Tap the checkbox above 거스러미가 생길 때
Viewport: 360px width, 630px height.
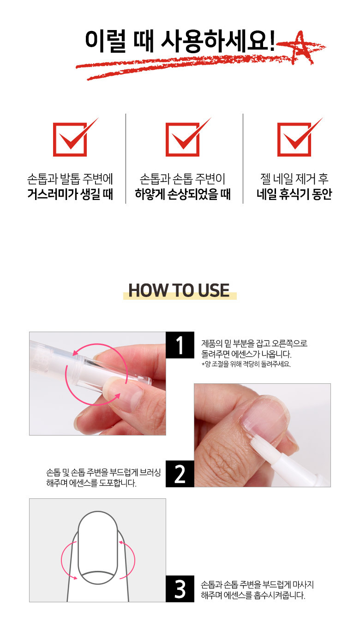[70, 139]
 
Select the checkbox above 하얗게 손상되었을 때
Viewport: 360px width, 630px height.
[183, 139]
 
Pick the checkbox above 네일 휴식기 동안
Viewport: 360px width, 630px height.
[294, 139]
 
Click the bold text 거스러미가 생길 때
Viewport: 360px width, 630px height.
[70, 194]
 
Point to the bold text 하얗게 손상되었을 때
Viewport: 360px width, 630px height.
[183, 194]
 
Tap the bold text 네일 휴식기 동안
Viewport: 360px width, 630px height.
[294, 194]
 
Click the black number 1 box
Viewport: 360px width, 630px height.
[180, 345]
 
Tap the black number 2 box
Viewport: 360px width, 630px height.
[180, 474]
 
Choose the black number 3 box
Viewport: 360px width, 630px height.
[180, 588]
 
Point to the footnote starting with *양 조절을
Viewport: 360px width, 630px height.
[246, 364]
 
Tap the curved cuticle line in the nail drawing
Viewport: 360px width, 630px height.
[97, 573]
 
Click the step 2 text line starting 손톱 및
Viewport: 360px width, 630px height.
[103, 472]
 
